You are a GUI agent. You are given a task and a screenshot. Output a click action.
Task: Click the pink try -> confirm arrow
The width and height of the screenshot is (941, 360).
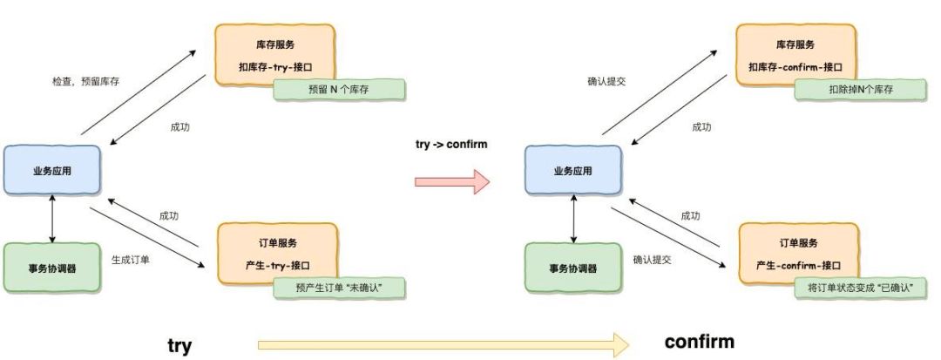point(452,182)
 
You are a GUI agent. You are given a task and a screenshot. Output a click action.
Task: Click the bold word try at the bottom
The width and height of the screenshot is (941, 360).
point(179,345)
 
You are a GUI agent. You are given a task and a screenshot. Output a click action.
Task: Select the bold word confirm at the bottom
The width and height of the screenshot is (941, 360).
point(700,341)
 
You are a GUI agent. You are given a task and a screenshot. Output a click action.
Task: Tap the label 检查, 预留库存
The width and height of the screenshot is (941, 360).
point(85,82)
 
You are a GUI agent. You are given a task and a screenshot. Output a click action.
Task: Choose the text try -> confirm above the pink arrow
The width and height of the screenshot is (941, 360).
point(451,144)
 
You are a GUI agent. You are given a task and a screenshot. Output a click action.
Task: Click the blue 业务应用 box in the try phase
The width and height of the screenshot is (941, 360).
point(53,170)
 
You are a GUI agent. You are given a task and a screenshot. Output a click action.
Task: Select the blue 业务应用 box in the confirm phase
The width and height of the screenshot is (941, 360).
point(573,170)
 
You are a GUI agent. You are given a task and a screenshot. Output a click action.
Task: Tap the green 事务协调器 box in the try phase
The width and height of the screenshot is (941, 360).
point(52,267)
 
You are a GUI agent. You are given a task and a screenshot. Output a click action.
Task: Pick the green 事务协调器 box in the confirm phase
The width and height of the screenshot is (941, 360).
point(573,267)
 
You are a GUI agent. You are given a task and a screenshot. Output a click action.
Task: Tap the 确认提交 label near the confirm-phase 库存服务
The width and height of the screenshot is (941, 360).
point(607,82)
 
